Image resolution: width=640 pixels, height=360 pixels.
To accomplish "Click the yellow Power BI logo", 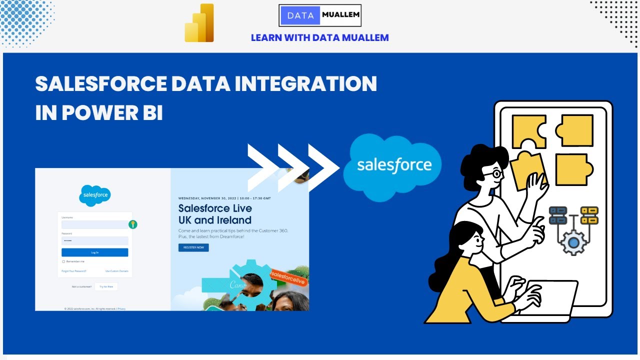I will point(199,23).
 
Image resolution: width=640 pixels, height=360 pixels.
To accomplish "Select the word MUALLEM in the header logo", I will point(340,15).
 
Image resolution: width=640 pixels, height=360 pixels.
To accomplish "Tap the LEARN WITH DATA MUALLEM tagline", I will point(319,37).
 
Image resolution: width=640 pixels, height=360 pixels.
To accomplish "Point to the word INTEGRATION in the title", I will point(306,84).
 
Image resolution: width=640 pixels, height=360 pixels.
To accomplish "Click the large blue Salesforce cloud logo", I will point(394,166).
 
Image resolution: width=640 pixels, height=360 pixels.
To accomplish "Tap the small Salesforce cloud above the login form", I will point(95,195).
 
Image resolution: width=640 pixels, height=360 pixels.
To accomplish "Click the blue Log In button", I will point(95,252).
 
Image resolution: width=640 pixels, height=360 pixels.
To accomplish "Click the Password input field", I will point(95,240).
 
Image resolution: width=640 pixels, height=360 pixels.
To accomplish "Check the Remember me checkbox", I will point(63,261).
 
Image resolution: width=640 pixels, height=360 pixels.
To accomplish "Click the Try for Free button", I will point(106,286).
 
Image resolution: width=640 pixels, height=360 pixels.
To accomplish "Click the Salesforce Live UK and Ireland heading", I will point(215,214).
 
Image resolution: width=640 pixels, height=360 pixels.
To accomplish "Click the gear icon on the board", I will point(573,243).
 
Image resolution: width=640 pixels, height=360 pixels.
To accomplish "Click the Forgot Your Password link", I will point(74,271).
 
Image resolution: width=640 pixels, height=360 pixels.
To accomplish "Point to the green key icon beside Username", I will point(132,224).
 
